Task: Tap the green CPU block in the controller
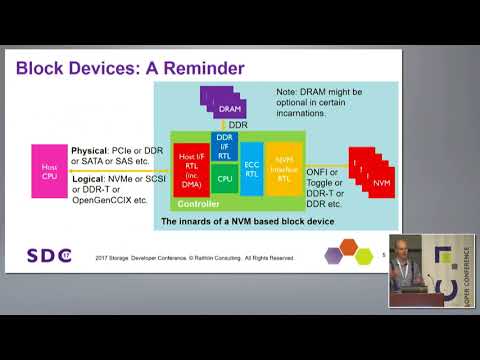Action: point(225,179)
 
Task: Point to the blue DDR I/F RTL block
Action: point(225,147)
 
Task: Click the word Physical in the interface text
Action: point(91,149)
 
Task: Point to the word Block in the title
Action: point(42,68)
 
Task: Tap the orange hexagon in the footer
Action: point(349,247)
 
